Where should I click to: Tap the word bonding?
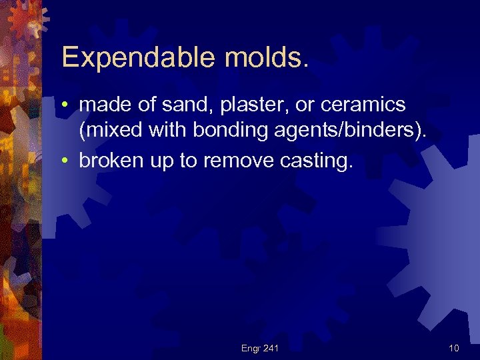[227, 131]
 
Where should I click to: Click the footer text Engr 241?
[259, 347]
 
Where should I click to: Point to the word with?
[166, 131]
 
